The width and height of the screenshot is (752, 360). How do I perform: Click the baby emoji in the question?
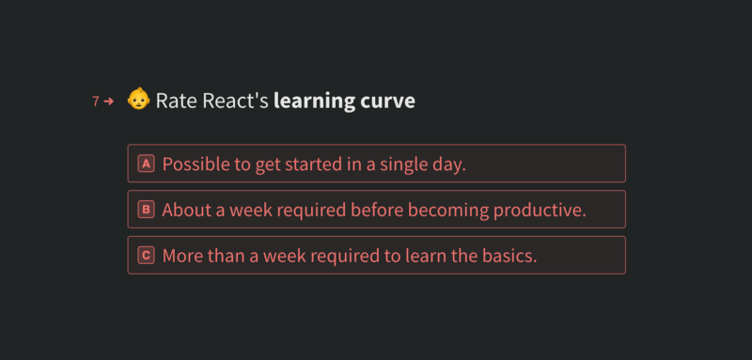[x=138, y=100]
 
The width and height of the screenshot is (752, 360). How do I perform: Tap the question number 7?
[x=96, y=102]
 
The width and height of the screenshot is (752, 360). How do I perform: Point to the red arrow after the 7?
[x=109, y=102]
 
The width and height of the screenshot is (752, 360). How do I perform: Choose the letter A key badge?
[x=147, y=164]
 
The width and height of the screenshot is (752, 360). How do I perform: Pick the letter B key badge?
[x=147, y=210]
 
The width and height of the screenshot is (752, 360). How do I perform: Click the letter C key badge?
[x=147, y=256]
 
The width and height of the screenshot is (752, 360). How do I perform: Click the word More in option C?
[x=182, y=256]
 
